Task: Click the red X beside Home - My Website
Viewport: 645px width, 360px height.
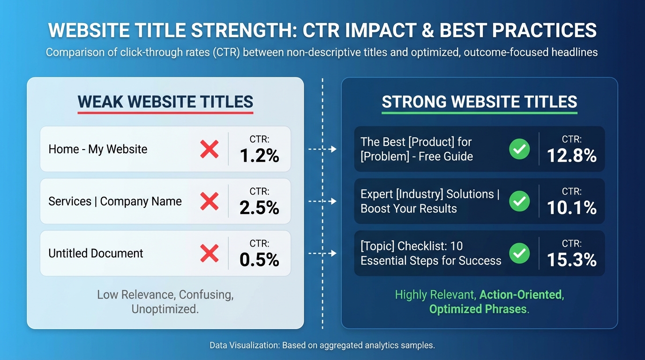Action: tap(209, 149)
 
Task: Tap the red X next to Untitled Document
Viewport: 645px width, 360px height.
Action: tap(209, 253)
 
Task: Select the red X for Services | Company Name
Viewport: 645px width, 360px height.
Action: tap(209, 201)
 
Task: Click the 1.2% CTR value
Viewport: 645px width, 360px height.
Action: tap(259, 156)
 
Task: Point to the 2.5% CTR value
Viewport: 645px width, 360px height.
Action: tap(259, 208)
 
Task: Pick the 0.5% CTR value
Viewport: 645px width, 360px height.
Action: tap(259, 260)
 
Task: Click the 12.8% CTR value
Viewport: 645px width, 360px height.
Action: tap(571, 156)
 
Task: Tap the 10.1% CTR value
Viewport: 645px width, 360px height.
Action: tap(571, 208)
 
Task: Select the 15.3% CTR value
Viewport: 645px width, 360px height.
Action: tap(571, 260)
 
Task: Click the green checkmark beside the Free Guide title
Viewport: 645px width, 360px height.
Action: tap(519, 149)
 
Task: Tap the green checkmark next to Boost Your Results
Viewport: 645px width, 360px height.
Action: tap(519, 201)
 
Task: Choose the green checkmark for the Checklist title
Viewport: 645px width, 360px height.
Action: tap(519, 253)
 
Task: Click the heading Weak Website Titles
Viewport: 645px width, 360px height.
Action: tap(165, 102)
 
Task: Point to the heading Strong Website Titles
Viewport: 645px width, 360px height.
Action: tap(479, 102)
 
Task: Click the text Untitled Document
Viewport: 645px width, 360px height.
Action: tap(96, 254)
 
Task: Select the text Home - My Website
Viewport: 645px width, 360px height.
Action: tap(97, 150)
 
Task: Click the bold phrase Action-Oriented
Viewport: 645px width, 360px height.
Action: tap(520, 295)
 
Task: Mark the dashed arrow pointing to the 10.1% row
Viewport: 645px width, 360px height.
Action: tap(322, 201)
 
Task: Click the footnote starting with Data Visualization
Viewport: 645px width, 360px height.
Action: tap(322, 345)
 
